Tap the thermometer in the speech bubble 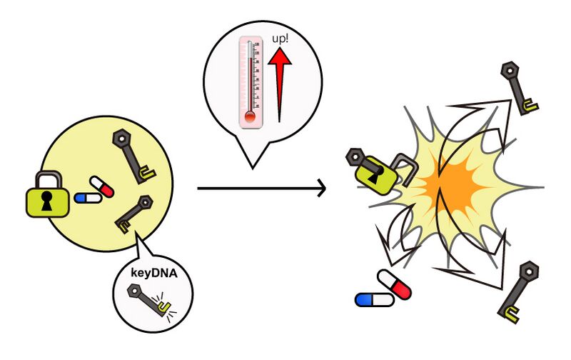251,83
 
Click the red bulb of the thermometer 251,117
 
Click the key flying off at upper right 520,89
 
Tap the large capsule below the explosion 385,290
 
